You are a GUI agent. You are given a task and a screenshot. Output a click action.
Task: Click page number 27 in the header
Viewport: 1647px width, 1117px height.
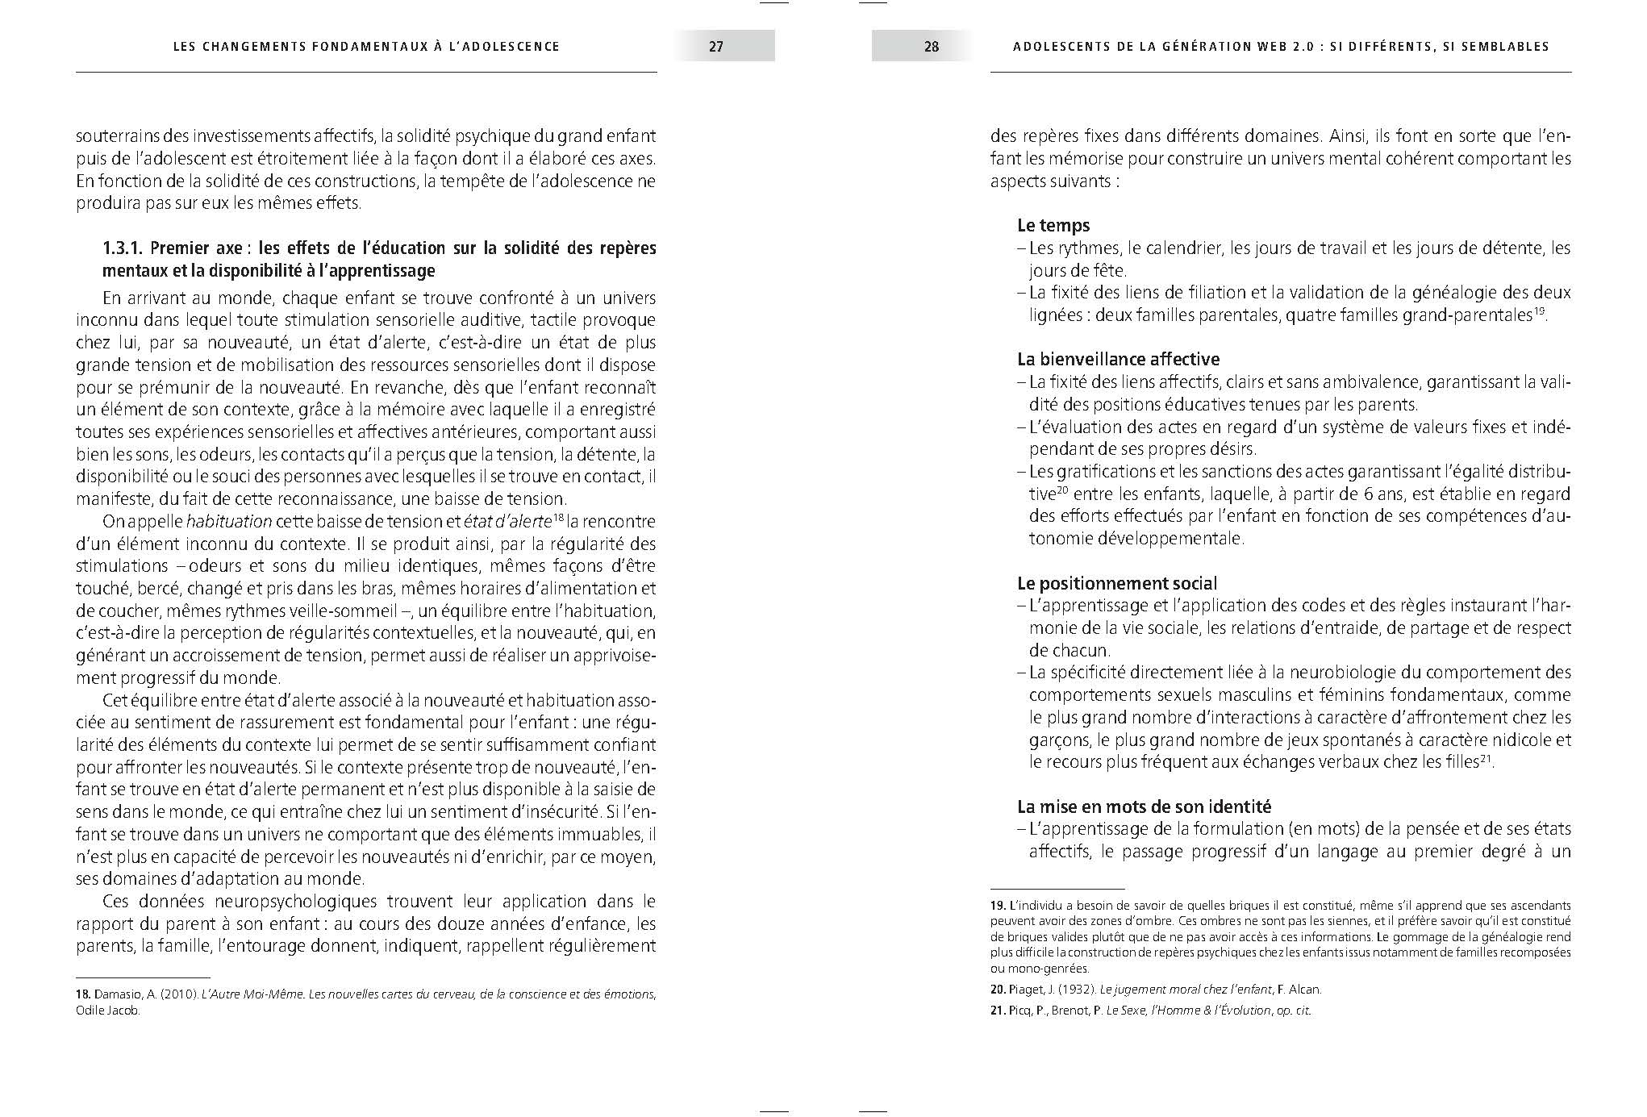716,47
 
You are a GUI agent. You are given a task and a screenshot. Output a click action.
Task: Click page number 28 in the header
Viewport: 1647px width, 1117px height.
931,47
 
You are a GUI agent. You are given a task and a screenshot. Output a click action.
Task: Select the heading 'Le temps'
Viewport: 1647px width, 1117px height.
1053,226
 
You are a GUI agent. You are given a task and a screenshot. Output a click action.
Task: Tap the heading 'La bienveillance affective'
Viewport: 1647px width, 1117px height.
1118,360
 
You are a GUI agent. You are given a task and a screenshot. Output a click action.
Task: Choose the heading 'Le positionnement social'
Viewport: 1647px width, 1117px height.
1117,583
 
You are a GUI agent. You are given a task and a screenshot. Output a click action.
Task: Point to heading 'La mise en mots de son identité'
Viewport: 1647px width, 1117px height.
1144,806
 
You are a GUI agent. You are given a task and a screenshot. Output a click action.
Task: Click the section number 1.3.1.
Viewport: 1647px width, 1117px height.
123,248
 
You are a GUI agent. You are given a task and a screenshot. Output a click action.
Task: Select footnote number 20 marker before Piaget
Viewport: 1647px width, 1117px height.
998,990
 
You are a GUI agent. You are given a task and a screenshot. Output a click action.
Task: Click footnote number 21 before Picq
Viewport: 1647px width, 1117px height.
998,1011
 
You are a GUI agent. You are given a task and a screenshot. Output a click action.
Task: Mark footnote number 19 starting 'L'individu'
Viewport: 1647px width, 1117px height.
998,906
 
